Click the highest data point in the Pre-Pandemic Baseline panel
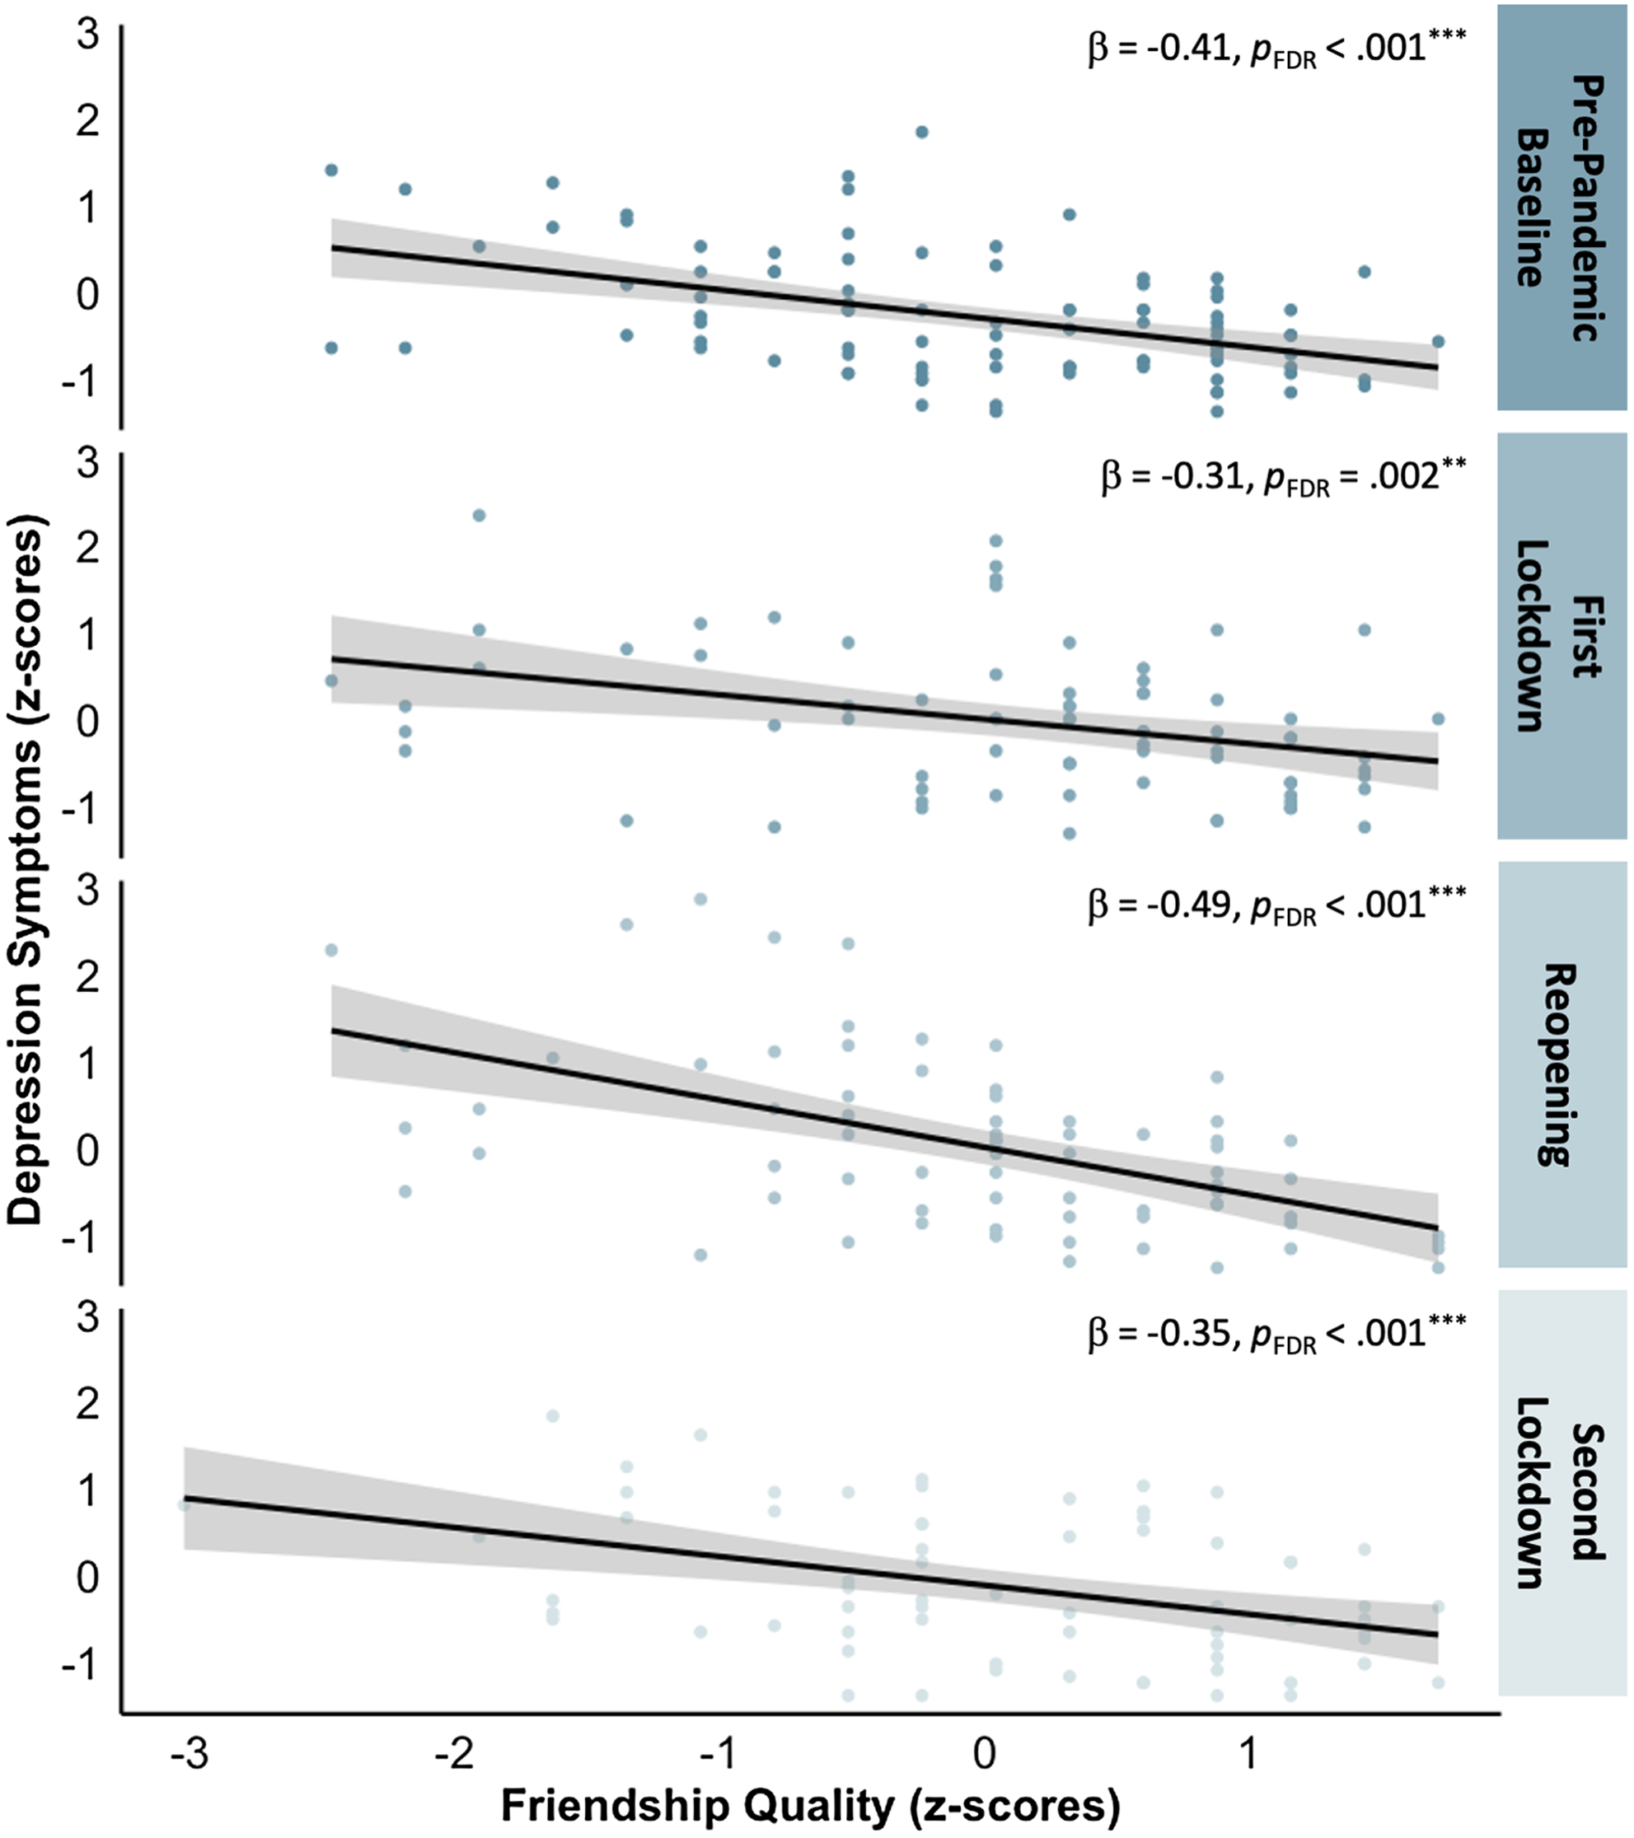click(922, 132)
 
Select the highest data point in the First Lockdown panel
click(480, 515)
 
